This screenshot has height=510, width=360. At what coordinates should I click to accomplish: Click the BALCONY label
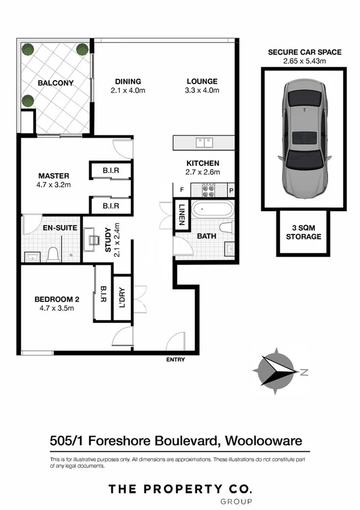click(x=55, y=83)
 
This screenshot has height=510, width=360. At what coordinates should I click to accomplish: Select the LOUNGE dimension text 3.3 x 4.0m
click(x=201, y=91)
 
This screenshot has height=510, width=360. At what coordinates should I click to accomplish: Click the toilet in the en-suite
click(x=52, y=254)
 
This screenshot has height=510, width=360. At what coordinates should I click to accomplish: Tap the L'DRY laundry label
click(x=122, y=299)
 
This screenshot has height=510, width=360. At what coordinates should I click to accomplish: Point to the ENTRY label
click(x=175, y=360)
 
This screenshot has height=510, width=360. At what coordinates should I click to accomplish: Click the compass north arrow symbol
click(x=275, y=370)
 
